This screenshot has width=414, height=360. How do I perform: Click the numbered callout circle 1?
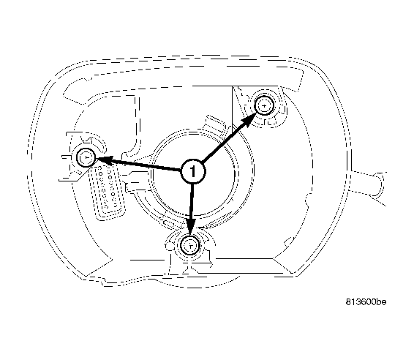193,171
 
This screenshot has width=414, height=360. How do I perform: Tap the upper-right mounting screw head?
264,105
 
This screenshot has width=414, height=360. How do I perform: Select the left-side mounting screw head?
86,157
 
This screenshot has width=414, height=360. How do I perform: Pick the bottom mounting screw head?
190,246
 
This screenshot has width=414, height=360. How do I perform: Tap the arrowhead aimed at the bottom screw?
191,227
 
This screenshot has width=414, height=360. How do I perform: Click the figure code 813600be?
366,302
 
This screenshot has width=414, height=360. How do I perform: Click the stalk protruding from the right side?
369,187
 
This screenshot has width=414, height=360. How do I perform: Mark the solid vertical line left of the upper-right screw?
232,110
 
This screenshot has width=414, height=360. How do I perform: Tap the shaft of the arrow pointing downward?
192,201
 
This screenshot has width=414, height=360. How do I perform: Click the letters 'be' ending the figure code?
381,302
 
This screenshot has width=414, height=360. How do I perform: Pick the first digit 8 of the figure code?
348,302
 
